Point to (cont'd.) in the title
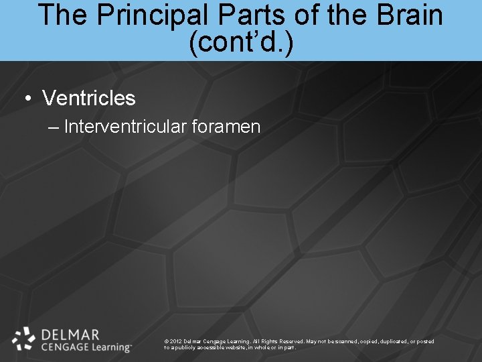coord(241,42)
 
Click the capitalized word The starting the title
coord(62,15)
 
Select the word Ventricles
coord(88,99)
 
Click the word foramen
coord(228,127)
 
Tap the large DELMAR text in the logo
coord(70,334)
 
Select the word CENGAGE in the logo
coord(64,347)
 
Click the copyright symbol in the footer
coord(166,341)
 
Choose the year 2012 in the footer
coord(177,341)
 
